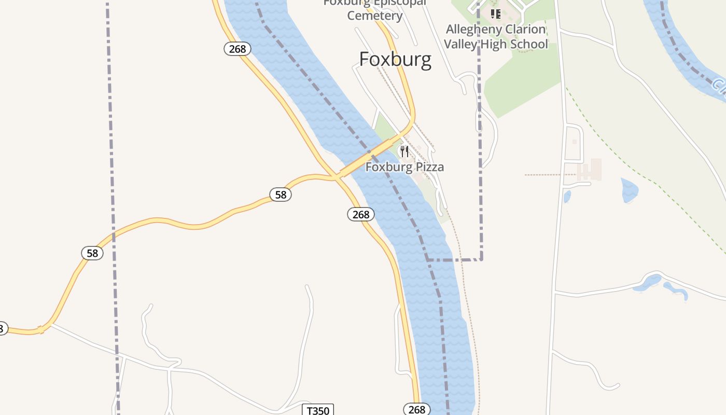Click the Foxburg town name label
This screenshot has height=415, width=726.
coord(395,60)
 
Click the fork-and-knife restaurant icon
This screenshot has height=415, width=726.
coord(404,151)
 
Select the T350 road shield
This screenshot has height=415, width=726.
coord(318,410)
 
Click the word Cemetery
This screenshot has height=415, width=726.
coord(375,16)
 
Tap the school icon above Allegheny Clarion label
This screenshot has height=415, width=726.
coord(496,13)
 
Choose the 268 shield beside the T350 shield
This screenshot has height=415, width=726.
coord(416,409)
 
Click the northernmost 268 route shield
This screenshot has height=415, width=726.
coord(238,49)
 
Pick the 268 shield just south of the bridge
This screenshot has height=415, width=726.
coord(361,214)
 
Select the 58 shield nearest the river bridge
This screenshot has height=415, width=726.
coord(281,195)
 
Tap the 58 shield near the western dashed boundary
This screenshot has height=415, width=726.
coord(92,254)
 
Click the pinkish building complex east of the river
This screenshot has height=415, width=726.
coord(590,170)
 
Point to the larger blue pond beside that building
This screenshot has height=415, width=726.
coord(629,190)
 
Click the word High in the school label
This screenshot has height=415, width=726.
coord(493,44)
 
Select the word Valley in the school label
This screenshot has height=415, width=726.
coord(460,44)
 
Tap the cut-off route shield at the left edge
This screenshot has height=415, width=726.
coord(2,328)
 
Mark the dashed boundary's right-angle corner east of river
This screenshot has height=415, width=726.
coord(481,259)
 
